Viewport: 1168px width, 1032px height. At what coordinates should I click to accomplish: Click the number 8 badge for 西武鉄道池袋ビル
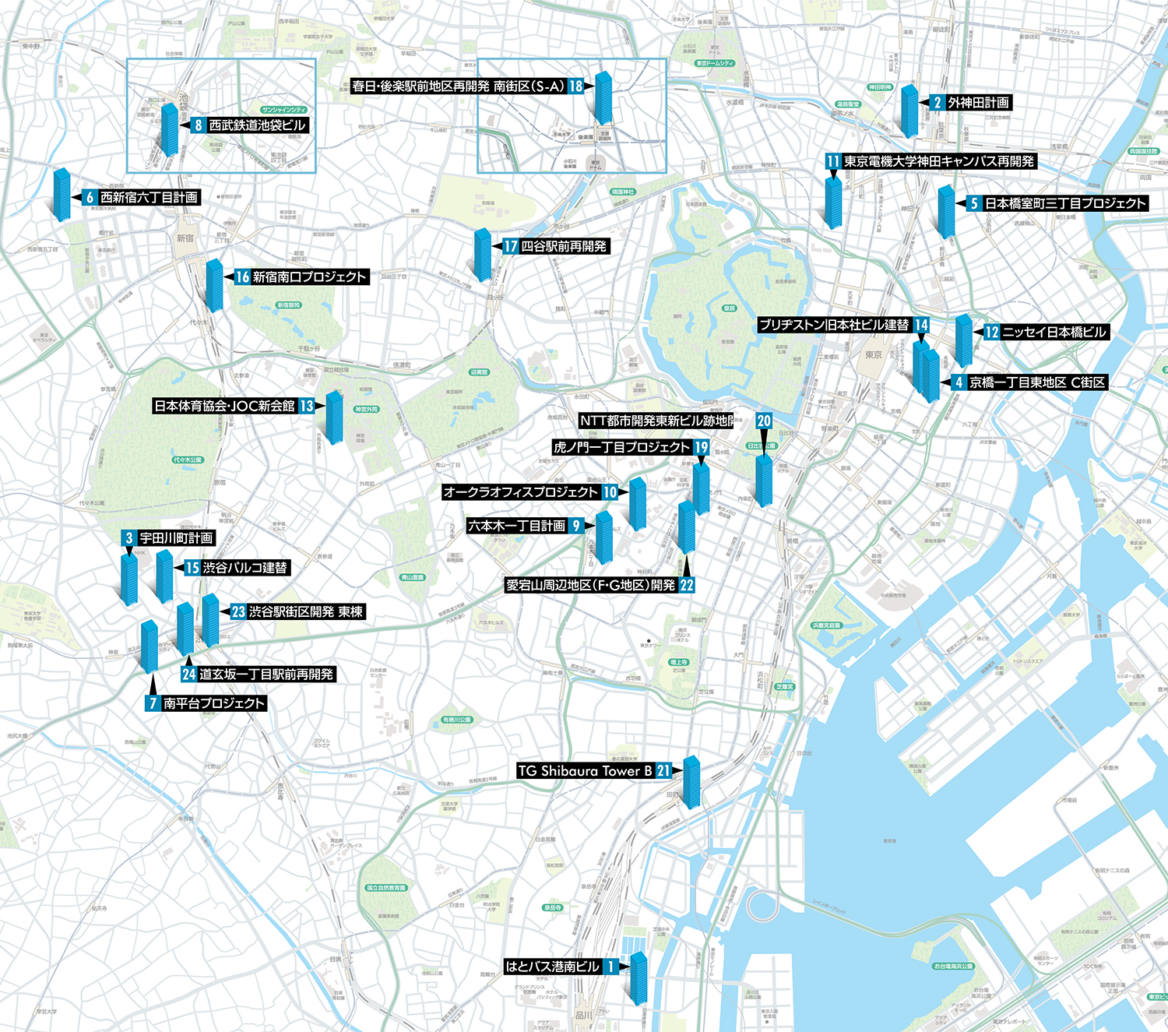(199, 125)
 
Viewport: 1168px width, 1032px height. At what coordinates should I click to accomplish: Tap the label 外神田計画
(978, 103)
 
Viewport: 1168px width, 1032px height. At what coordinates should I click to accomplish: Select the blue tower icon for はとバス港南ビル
(639, 979)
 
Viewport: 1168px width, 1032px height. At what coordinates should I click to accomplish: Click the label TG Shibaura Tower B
(585, 771)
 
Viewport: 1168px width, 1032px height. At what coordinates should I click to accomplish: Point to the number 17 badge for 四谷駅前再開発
(510, 247)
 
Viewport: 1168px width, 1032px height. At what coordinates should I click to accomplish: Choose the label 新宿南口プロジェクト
(309, 277)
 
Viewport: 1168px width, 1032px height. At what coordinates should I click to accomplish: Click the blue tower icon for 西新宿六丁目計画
(62, 195)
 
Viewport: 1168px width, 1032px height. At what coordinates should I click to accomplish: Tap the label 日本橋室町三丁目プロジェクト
(1065, 204)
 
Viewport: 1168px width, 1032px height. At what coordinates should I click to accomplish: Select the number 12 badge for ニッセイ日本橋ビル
(991, 333)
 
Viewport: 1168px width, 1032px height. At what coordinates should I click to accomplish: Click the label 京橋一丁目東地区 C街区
(1037, 382)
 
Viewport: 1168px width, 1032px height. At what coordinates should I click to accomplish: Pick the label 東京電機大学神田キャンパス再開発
(939, 162)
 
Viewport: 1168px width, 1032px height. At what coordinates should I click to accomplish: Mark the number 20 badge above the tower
(764, 421)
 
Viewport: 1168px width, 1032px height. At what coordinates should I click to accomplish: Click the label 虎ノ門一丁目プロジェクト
(622, 448)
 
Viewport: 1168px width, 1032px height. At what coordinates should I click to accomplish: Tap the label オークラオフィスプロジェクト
(520, 492)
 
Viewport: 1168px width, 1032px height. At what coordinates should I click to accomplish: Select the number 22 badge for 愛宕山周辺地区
(687, 585)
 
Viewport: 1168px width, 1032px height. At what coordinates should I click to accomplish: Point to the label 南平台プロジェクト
(215, 703)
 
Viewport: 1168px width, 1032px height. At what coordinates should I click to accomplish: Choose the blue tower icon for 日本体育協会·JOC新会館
(334, 417)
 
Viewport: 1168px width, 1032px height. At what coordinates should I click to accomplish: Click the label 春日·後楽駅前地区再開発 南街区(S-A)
(458, 86)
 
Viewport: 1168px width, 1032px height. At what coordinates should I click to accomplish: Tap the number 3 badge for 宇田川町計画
(129, 538)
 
